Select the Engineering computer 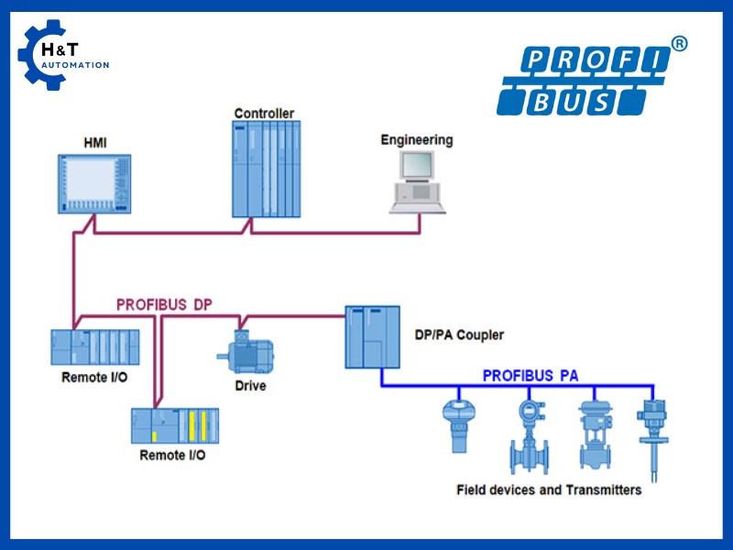417,181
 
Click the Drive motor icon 245,353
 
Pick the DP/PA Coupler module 373,336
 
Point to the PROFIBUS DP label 165,305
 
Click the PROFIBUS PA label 531,376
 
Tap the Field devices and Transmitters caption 549,489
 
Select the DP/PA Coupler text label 459,335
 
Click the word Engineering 417,140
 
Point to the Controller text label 264,114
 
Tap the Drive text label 250,386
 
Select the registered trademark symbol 679,43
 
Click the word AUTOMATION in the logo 75,65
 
